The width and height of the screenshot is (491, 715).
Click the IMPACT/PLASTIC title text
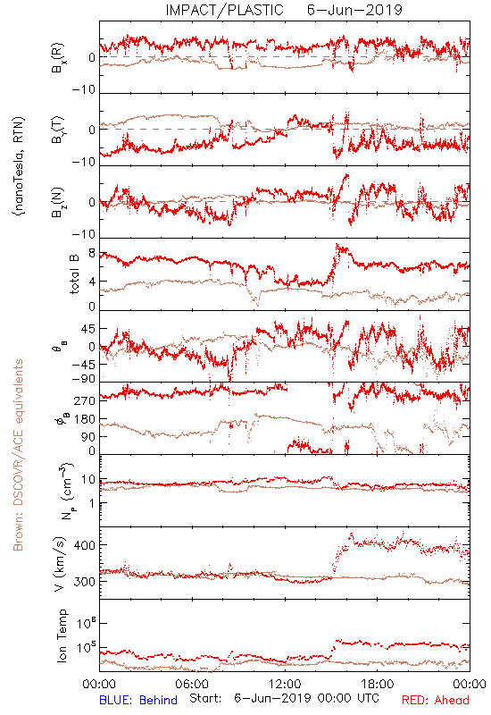click(225, 10)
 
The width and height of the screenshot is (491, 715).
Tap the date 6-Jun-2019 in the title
click(354, 10)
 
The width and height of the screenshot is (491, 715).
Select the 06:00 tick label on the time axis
click(192, 684)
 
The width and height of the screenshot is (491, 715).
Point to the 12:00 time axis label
click(285, 684)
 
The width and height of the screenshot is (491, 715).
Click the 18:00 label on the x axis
click(378, 684)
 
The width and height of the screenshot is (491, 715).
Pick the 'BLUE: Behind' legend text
click(138, 700)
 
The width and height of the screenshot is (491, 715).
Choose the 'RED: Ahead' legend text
click(435, 700)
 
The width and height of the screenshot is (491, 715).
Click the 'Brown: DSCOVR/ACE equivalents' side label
click(18, 455)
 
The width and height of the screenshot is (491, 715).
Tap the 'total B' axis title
click(74, 274)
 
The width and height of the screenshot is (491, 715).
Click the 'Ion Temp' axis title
click(62, 635)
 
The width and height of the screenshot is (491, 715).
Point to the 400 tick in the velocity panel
click(85, 545)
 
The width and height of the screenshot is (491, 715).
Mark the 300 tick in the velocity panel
click(85, 582)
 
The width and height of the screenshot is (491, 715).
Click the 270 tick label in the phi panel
click(85, 400)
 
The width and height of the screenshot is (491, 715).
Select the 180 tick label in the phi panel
click(85, 418)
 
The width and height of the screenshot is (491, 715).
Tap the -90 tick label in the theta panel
click(84, 379)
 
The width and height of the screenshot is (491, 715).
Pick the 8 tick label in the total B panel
click(92, 254)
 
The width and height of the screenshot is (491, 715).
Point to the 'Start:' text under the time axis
click(205, 698)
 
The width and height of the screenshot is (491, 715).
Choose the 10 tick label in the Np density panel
click(88, 479)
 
